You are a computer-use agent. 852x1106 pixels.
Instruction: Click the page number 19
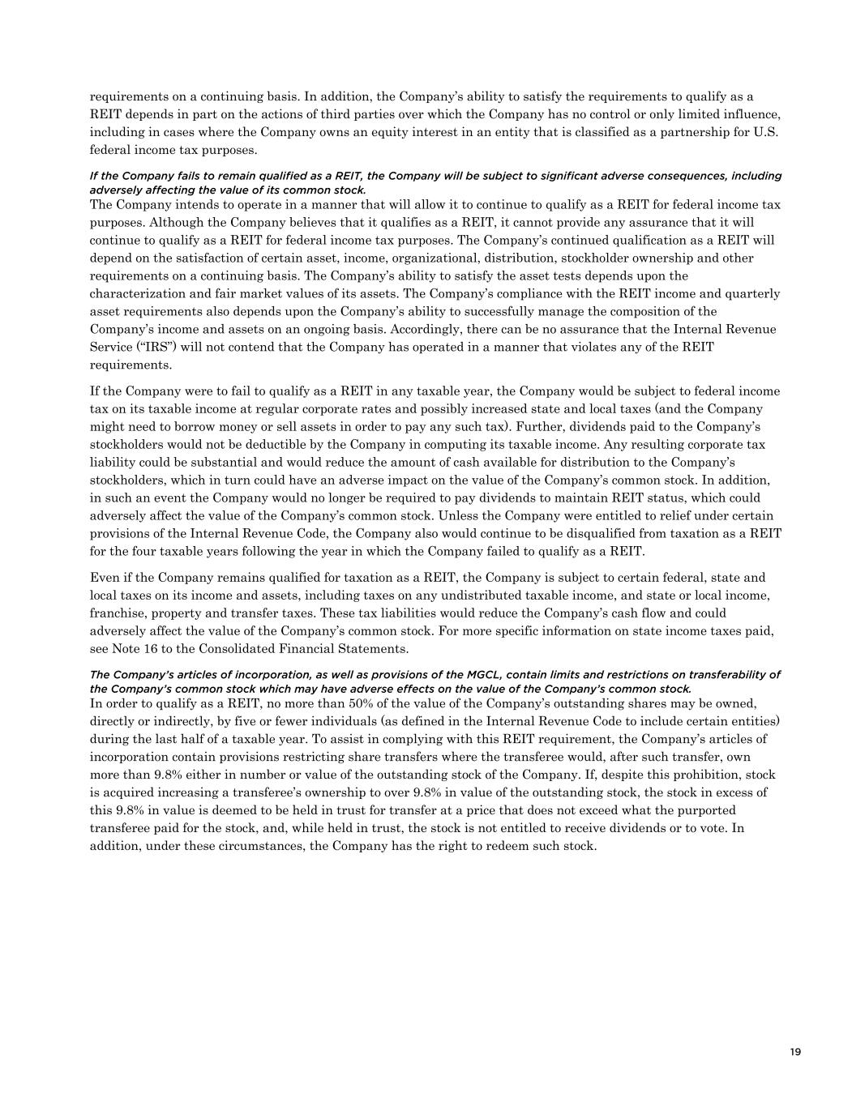click(794, 1052)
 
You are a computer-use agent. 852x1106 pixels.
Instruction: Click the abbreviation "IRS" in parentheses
click(150, 347)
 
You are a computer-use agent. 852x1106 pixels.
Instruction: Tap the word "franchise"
click(118, 613)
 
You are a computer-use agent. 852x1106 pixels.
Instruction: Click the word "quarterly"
click(755, 293)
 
